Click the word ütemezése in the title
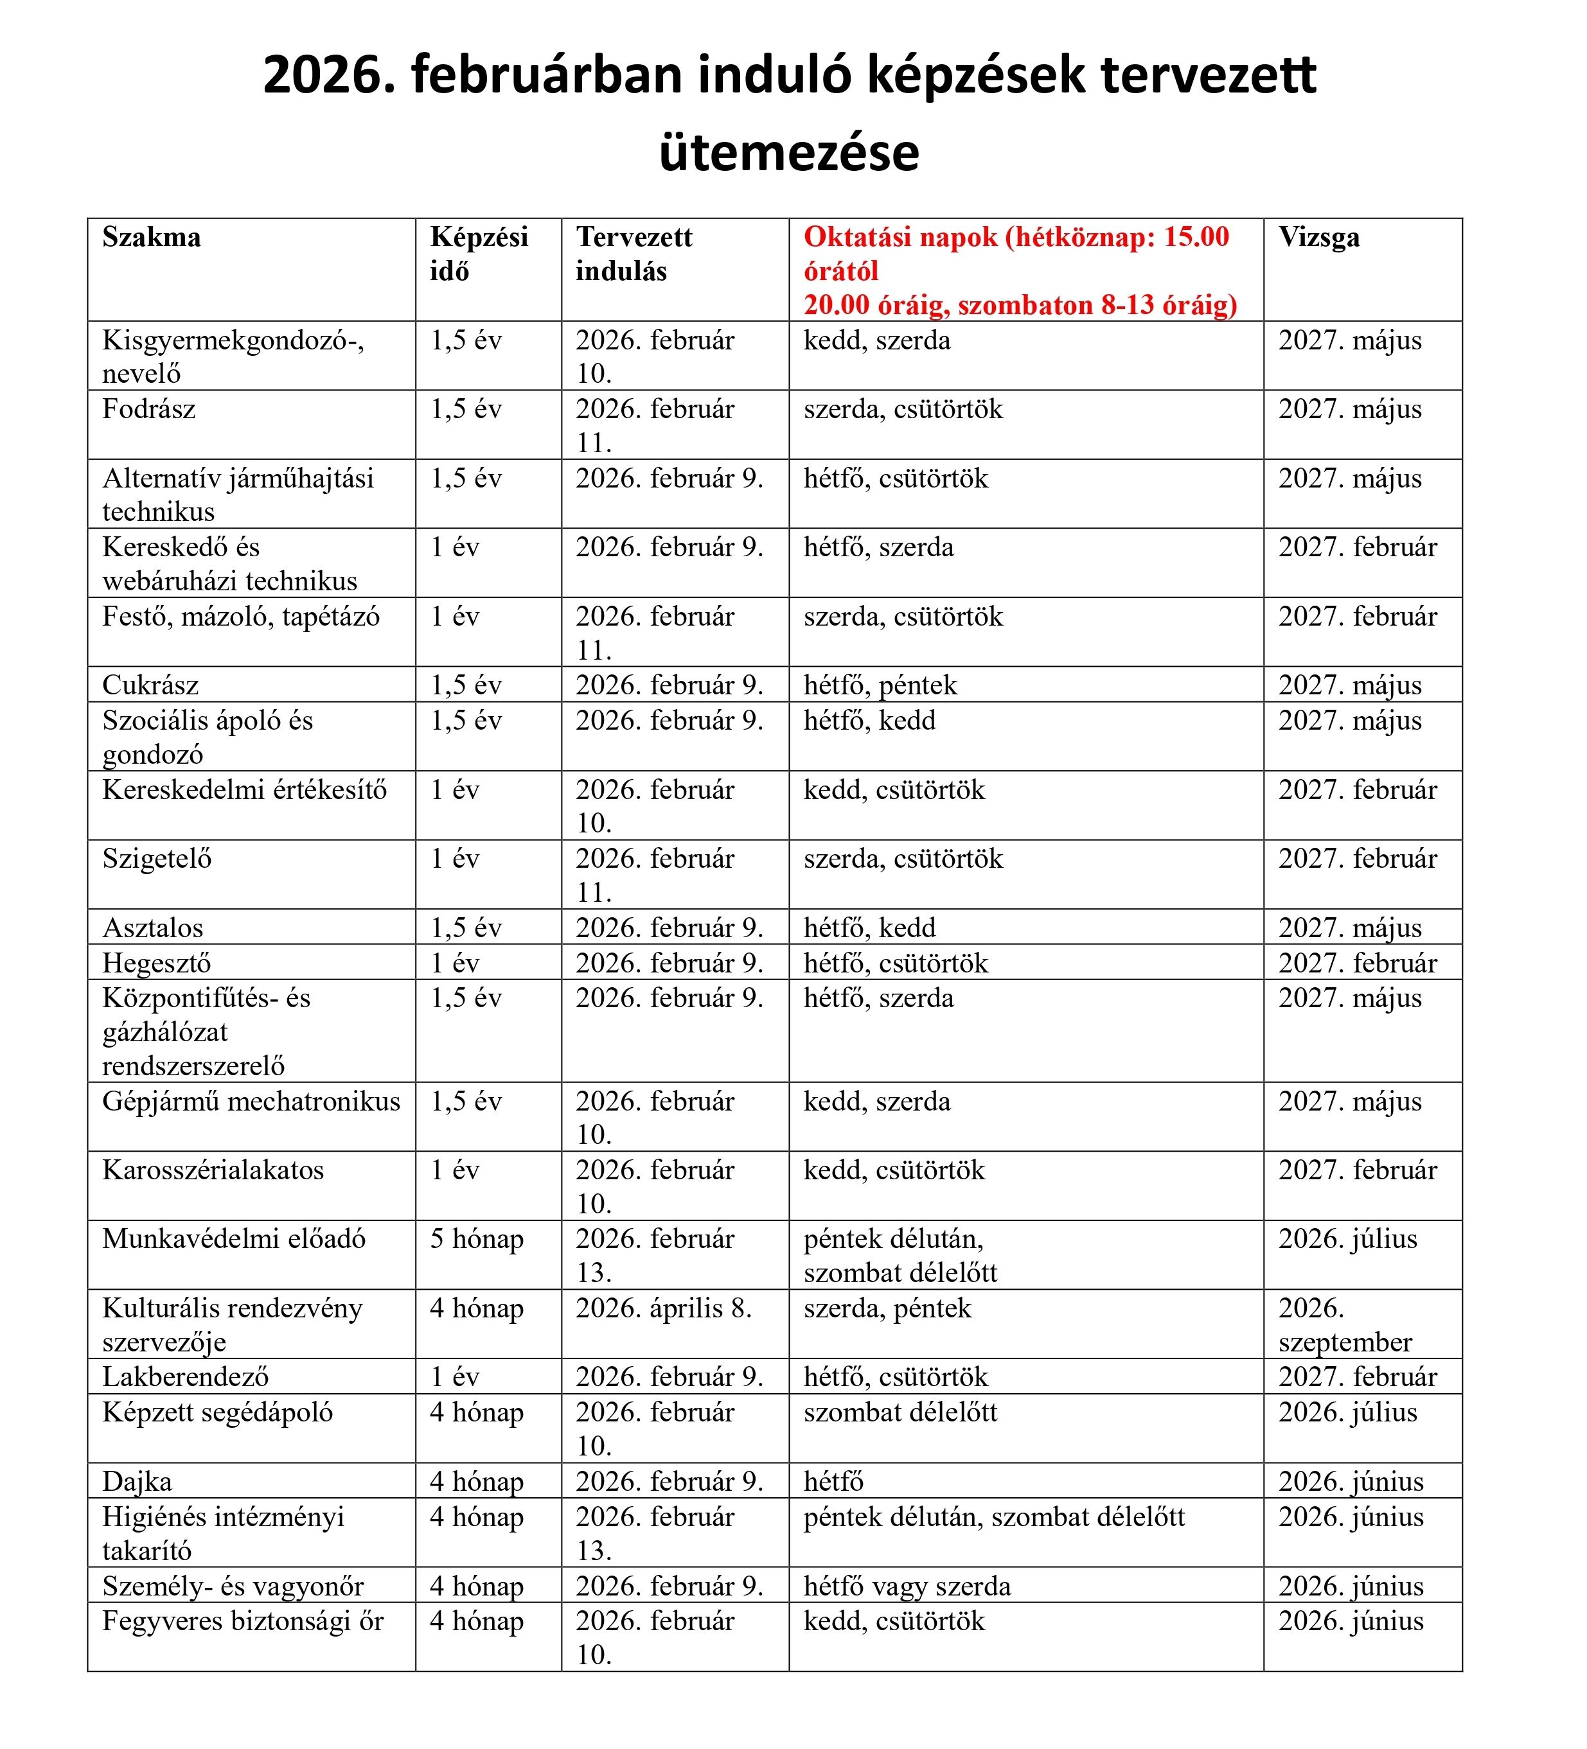click(789, 153)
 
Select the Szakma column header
click(151, 237)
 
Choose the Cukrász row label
click(150, 685)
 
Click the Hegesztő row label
click(156, 962)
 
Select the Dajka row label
click(137, 1481)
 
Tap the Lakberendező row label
click(186, 1377)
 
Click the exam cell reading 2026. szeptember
click(1344, 1325)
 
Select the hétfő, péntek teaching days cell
click(880, 685)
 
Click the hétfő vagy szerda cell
click(907, 1586)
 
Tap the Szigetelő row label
click(157, 858)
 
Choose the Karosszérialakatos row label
click(213, 1170)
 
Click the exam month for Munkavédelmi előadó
click(1347, 1239)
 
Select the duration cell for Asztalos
click(466, 927)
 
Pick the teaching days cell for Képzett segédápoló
click(900, 1412)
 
